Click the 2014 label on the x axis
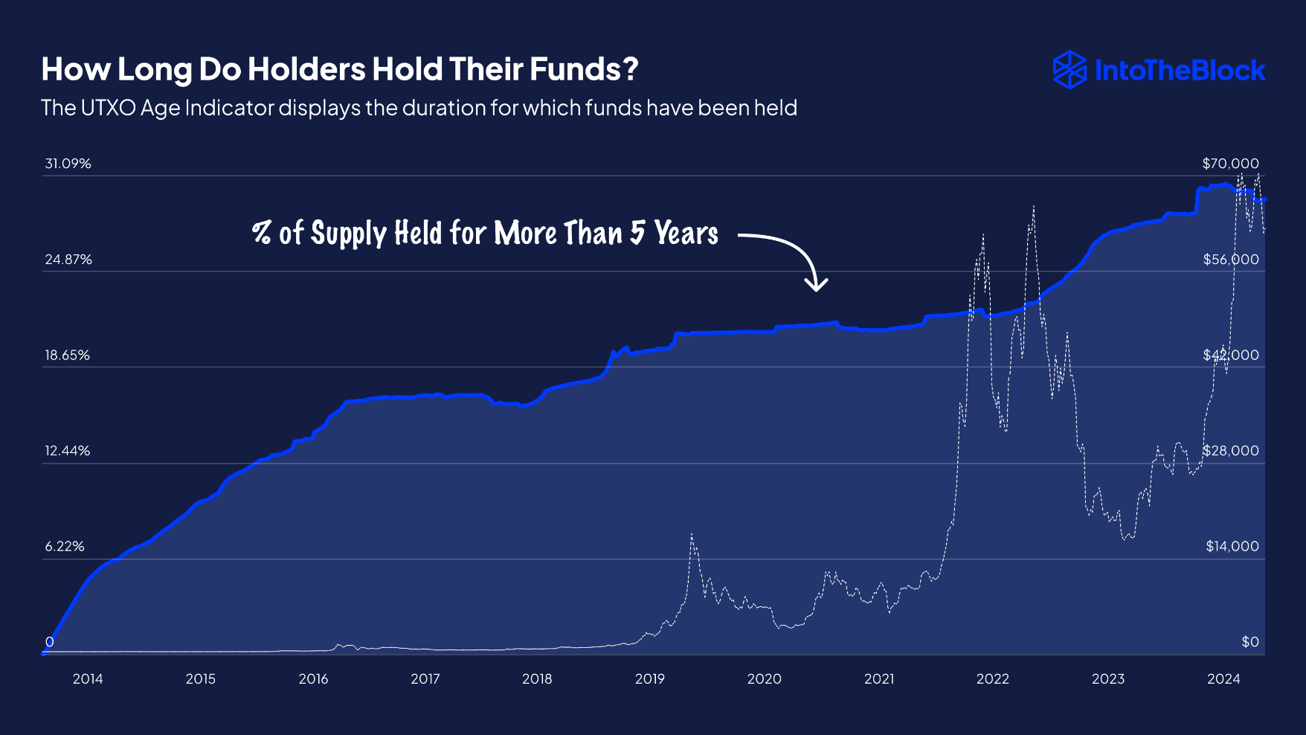pos(88,678)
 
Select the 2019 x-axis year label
pos(649,678)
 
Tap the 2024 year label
pos(1223,678)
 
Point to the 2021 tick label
pos(879,678)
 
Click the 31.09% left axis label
pos(68,164)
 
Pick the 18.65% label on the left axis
pos(67,356)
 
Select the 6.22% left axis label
pos(65,547)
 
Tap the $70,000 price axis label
pos(1230,164)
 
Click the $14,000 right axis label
pos(1232,547)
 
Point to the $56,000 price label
pos(1231,260)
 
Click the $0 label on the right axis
pos(1249,642)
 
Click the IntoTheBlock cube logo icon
pos(1069,70)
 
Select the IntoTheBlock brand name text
pos(1180,71)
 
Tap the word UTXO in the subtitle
pos(108,108)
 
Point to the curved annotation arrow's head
pos(817,287)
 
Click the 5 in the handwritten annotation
pos(637,233)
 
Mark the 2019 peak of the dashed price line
pos(692,535)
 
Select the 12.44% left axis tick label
pos(67,451)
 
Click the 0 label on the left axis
pos(50,642)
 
